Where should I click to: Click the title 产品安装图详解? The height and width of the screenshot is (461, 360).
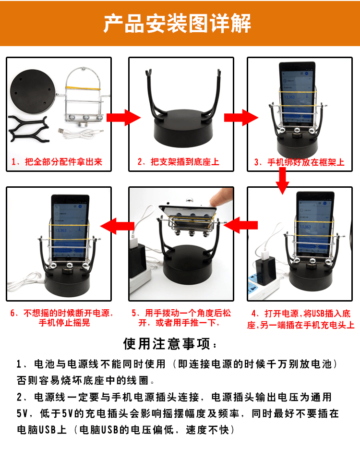[177, 23]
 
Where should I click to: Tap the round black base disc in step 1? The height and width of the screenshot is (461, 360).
[33, 91]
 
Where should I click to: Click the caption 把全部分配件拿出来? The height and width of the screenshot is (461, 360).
[63, 162]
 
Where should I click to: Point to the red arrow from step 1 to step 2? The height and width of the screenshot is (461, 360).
[123, 118]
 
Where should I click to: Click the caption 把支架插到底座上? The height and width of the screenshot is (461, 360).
[185, 162]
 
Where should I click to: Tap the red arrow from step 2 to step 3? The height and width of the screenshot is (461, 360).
[241, 118]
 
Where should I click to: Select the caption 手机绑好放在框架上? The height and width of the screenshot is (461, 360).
[306, 162]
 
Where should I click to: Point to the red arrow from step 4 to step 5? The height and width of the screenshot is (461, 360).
[240, 225]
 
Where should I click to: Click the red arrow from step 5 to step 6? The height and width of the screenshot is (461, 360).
[117, 226]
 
